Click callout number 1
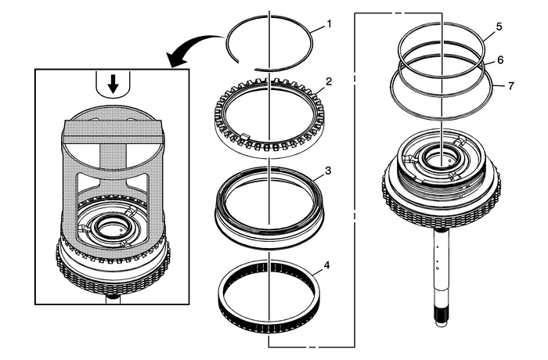[329, 24]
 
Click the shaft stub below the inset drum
[114, 298]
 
